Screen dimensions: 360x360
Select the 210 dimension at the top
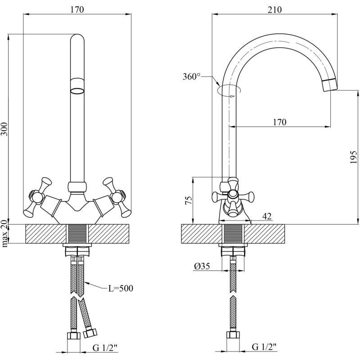(x=274, y=9)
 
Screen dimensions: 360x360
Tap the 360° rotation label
(x=192, y=77)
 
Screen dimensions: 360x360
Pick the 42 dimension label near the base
(x=267, y=217)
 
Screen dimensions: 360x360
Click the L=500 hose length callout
(x=121, y=288)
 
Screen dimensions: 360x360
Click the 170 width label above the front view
(x=77, y=9)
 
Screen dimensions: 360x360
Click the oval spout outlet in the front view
(x=78, y=91)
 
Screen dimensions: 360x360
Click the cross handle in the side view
(x=233, y=196)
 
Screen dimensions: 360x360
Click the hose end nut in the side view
(x=233, y=335)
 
